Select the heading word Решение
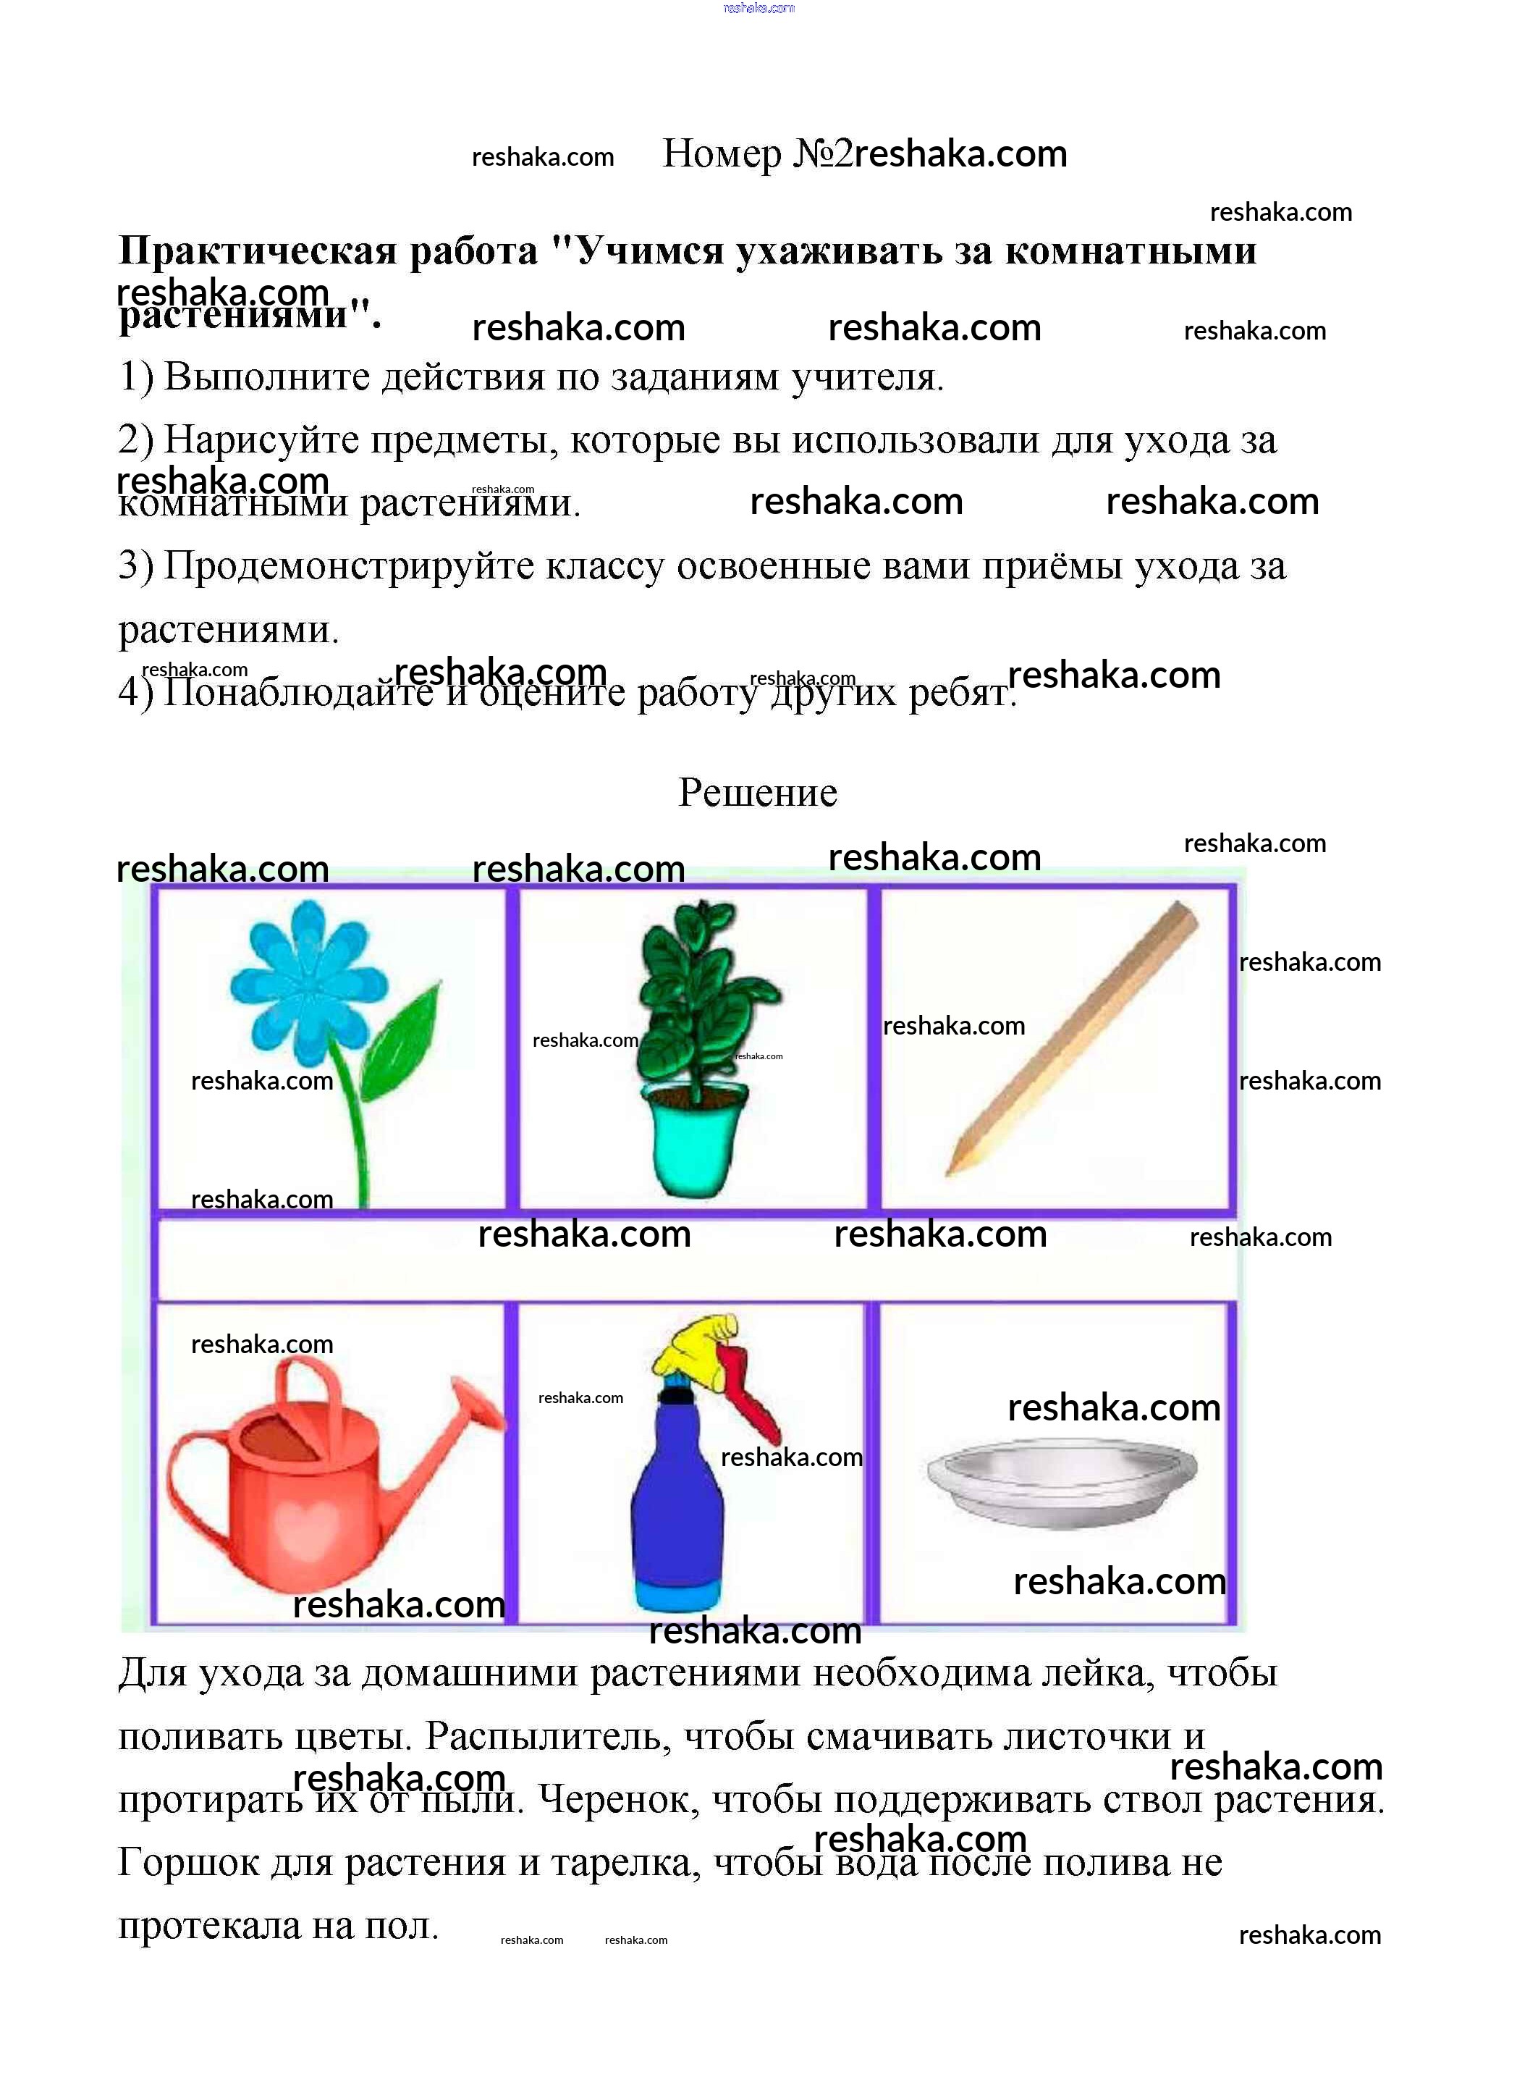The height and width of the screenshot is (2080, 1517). pyautogui.click(x=758, y=793)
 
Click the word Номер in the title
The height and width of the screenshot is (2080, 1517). pyautogui.click(x=722, y=153)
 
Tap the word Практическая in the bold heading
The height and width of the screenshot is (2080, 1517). pyautogui.click(x=328, y=250)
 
